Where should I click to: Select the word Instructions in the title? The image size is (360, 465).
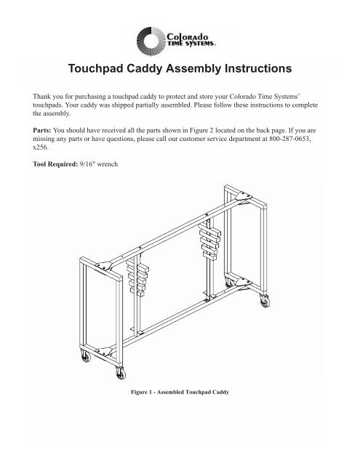coord(249,70)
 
